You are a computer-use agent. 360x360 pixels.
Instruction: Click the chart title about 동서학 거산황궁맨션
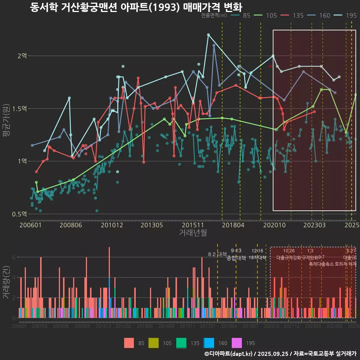[x=136, y=7]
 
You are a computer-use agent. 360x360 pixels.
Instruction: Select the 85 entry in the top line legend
[x=246, y=15]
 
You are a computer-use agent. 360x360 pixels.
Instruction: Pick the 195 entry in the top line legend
[x=351, y=15]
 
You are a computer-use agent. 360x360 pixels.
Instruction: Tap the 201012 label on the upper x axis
[x=112, y=225]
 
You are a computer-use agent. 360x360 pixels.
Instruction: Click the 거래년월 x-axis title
[x=193, y=233]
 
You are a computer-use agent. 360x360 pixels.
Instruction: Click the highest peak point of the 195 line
[x=208, y=34]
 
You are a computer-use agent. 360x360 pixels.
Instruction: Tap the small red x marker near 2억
[x=270, y=66]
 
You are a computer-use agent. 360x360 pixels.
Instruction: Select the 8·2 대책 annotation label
[x=217, y=254]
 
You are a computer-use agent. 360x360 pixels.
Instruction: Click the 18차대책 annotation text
[x=257, y=258]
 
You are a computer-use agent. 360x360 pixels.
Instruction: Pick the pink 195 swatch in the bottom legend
[x=237, y=343]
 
